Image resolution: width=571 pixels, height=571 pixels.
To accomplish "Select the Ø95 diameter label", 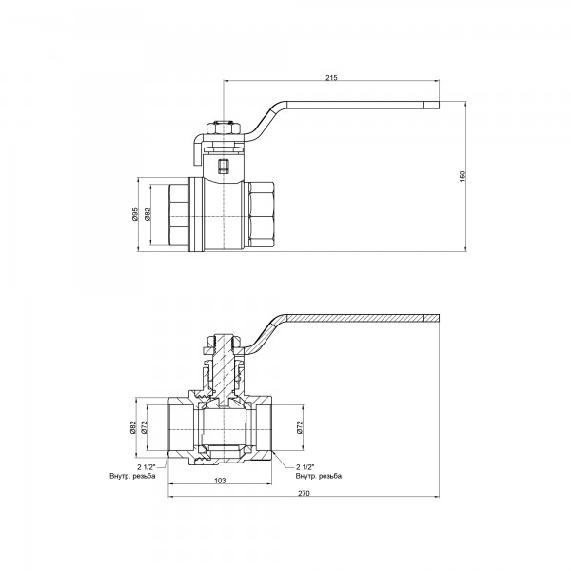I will pos(135,215).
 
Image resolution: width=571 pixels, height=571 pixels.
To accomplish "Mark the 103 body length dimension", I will pos(219,482).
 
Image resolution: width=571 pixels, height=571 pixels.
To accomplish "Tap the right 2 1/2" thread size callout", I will pos(310,467).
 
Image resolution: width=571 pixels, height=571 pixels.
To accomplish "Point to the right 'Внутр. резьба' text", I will pos(318,475).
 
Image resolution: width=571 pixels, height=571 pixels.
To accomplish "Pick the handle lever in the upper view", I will pos(362,107).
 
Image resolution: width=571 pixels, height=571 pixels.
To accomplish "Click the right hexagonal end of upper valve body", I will pos(260,215).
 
